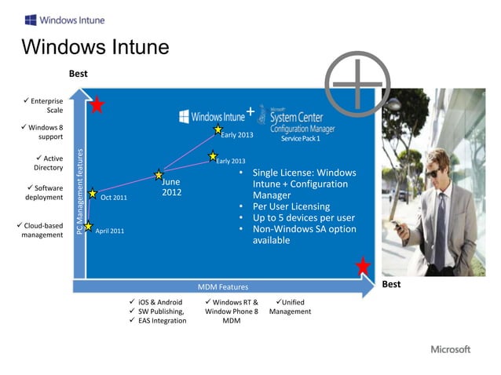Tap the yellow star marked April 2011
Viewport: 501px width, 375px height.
pyautogui.click(x=89, y=226)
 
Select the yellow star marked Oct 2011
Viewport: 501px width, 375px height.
pyautogui.click(x=93, y=193)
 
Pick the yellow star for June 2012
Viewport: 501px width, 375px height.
pyautogui.click(x=159, y=174)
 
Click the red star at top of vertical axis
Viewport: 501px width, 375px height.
pyautogui.click(x=97, y=105)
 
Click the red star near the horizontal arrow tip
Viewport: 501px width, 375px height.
pyautogui.click(x=363, y=266)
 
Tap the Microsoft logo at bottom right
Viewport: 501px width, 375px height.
pyautogui.click(x=450, y=349)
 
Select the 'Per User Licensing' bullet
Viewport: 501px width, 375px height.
pyautogui.click(x=291, y=206)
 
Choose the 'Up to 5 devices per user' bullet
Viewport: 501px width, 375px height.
pyautogui.click(x=303, y=217)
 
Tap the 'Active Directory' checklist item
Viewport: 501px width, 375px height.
pyautogui.click(x=47, y=163)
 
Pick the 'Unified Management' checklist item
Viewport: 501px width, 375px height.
pyautogui.click(x=290, y=307)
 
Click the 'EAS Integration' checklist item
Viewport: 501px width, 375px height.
pyautogui.click(x=162, y=320)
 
